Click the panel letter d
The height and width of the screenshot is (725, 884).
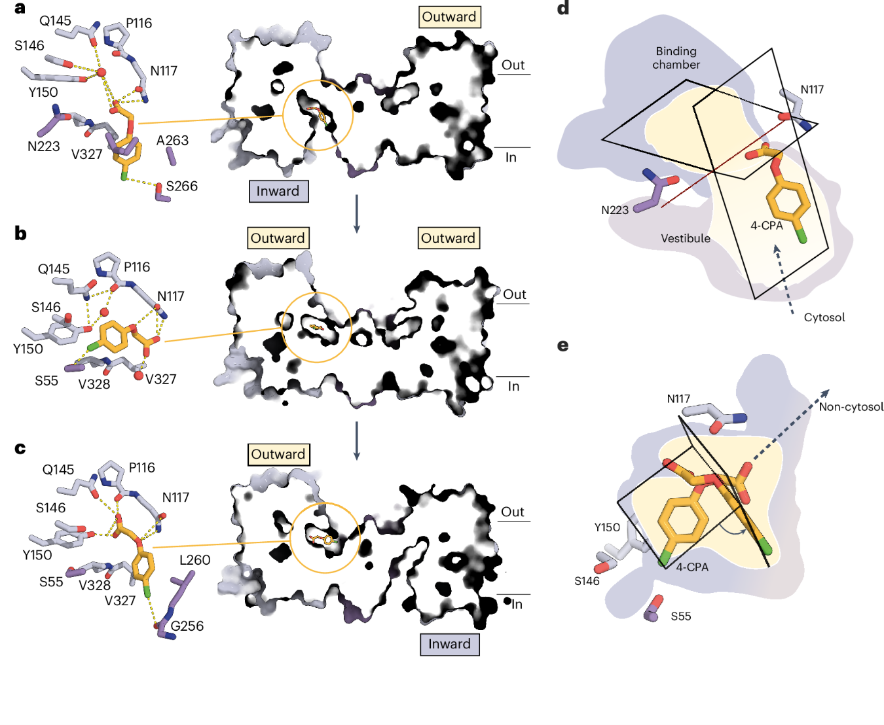[563, 8]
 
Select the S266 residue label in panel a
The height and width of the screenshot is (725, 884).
[181, 186]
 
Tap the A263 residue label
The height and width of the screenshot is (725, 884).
[172, 140]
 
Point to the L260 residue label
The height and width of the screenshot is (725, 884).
[194, 560]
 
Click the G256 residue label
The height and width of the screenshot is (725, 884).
[187, 626]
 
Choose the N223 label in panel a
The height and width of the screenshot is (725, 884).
[44, 146]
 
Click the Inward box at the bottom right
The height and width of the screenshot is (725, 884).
[450, 644]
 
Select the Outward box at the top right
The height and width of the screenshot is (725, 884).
[450, 17]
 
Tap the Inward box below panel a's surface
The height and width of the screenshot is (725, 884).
[279, 192]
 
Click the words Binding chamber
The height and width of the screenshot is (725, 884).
[676, 58]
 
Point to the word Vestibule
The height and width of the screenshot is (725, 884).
[686, 238]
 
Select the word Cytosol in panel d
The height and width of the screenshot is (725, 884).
[824, 317]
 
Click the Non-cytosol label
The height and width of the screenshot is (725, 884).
[851, 407]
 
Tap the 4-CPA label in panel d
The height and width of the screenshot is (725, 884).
[767, 226]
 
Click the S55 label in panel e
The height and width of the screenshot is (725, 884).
[681, 616]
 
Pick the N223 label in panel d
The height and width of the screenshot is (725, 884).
[615, 210]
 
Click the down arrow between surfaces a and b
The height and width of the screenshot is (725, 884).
[357, 213]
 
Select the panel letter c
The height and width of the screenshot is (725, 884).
[20, 449]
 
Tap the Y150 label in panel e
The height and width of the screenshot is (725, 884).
[607, 527]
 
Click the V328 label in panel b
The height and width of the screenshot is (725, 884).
[94, 384]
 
